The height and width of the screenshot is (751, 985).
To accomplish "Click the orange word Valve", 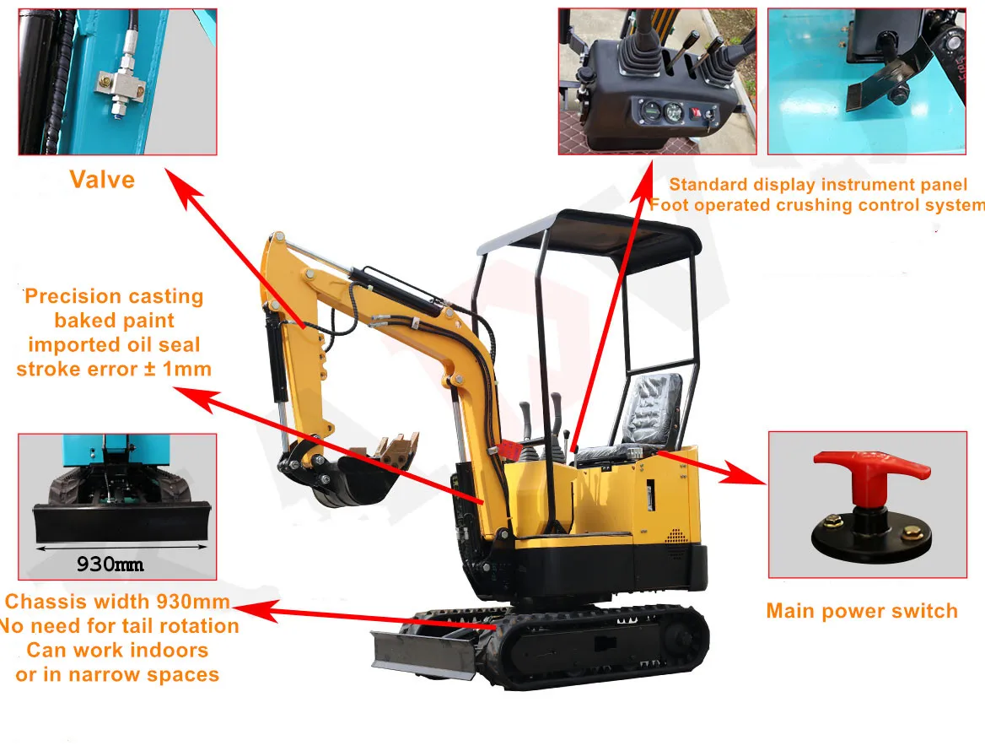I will coord(102,180).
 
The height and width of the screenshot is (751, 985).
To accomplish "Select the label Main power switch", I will coord(862,611).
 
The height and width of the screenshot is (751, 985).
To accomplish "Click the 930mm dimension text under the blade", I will coord(110,564).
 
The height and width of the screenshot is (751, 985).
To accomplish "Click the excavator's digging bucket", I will coord(358,481).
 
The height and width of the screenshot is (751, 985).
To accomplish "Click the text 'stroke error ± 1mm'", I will coord(114,369).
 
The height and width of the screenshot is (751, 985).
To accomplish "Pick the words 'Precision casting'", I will coord(114,296).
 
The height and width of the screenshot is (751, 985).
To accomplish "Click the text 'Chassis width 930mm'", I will coord(117,602).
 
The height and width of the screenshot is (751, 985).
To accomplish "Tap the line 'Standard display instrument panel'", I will coord(818,185).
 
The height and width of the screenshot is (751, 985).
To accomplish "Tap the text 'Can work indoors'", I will coord(117,651).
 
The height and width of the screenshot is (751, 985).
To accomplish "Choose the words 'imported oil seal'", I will coord(114,344).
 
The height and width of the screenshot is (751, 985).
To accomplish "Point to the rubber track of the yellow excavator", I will coord(607,650).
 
